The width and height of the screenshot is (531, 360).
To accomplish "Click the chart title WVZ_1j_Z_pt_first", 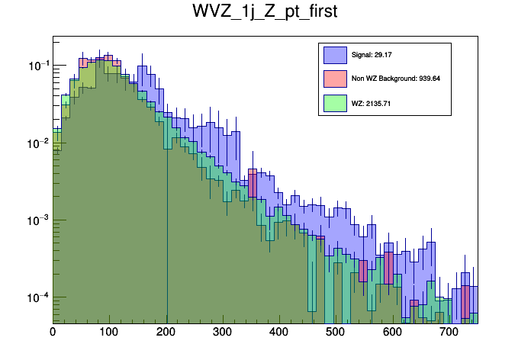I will point(265,13).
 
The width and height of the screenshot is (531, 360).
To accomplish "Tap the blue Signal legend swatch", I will point(335,55).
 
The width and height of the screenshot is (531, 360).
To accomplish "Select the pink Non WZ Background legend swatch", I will point(335,79).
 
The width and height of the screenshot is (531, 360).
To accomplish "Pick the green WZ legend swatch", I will point(335,103).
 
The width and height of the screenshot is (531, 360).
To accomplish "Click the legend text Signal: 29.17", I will point(370,55).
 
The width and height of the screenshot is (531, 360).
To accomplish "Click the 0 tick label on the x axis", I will point(53,332).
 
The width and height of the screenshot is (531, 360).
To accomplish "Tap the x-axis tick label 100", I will point(109,332).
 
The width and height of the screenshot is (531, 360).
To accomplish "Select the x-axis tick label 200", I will point(166,332).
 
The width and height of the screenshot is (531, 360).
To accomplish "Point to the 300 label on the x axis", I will point(223,332).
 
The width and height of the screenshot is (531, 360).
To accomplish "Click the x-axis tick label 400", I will point(279,332).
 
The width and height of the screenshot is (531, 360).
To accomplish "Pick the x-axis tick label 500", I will point(336,332).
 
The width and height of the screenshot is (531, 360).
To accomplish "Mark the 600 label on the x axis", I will point(392,332).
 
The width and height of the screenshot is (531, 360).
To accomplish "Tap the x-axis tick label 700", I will point(449,332).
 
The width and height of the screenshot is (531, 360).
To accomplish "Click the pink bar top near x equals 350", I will point(252,170).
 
